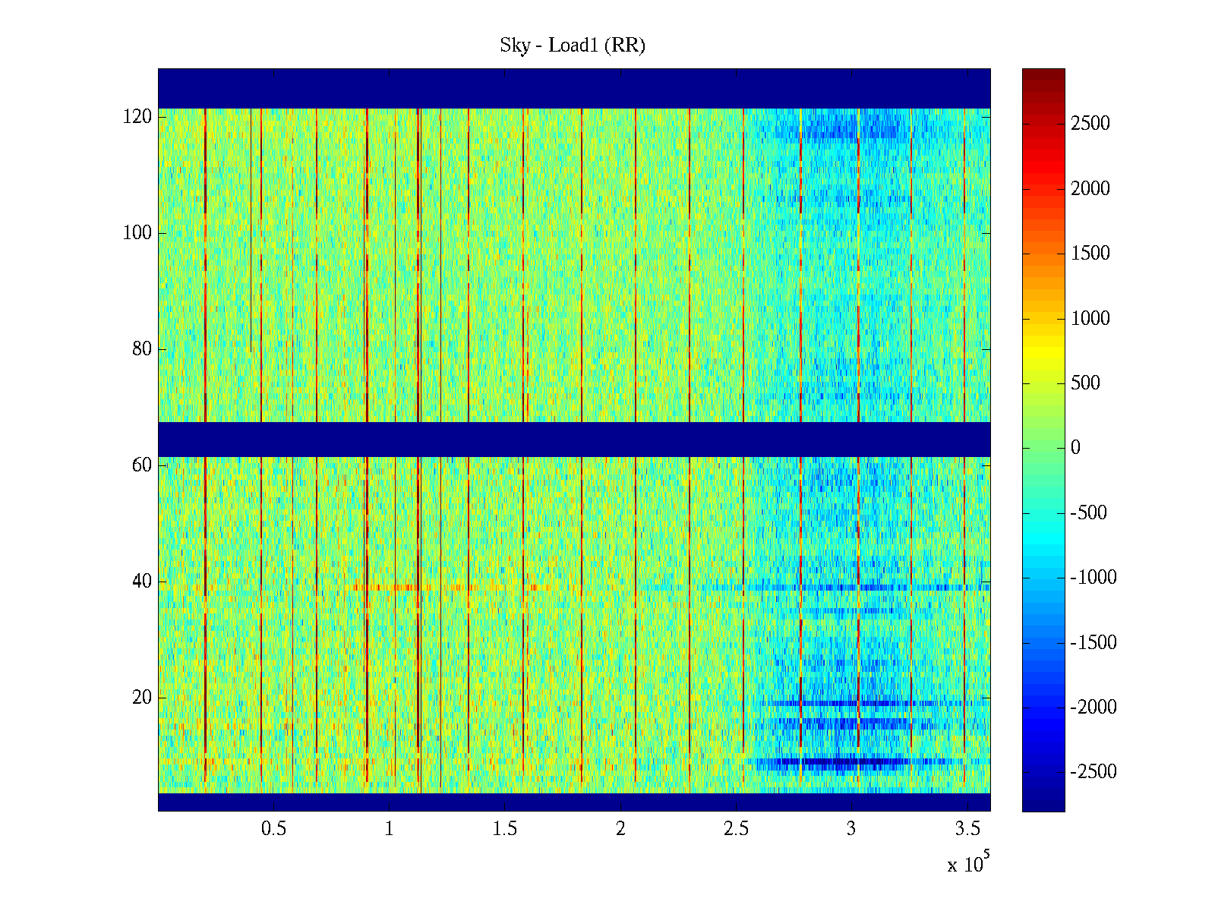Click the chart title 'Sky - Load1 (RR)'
(573, 46)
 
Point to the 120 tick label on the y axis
(137, 117)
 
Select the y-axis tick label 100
(137, 233)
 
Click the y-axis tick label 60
(142, 465)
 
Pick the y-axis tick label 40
(142, 582)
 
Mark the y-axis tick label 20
(142, 698)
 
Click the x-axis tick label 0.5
(274, 829)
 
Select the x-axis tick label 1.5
(505, 829)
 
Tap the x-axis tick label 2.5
(736, 829)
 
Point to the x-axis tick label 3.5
(967, 829)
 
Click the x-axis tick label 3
(851, 829)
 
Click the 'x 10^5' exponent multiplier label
(968, 863)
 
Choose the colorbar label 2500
(1090, 124)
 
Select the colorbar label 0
(1075, 448)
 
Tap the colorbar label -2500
(1093, 772)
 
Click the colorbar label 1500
(1090, 254)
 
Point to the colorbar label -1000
(1093, 578)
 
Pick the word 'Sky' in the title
(514, 46)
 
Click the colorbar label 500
(1086, 383)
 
